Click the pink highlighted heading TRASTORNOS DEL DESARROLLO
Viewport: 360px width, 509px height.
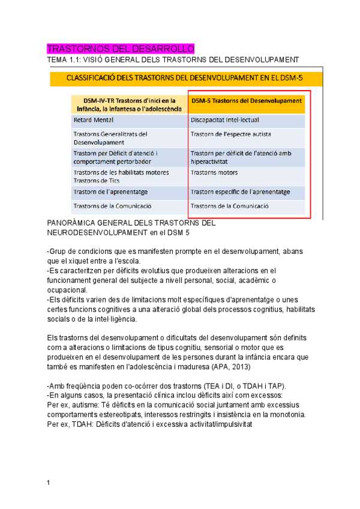(120, 49)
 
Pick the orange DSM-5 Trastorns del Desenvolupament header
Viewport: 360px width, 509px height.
(246, 101)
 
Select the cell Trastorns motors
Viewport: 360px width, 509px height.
(214, 173)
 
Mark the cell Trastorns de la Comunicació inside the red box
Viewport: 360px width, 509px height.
(229, 206)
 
